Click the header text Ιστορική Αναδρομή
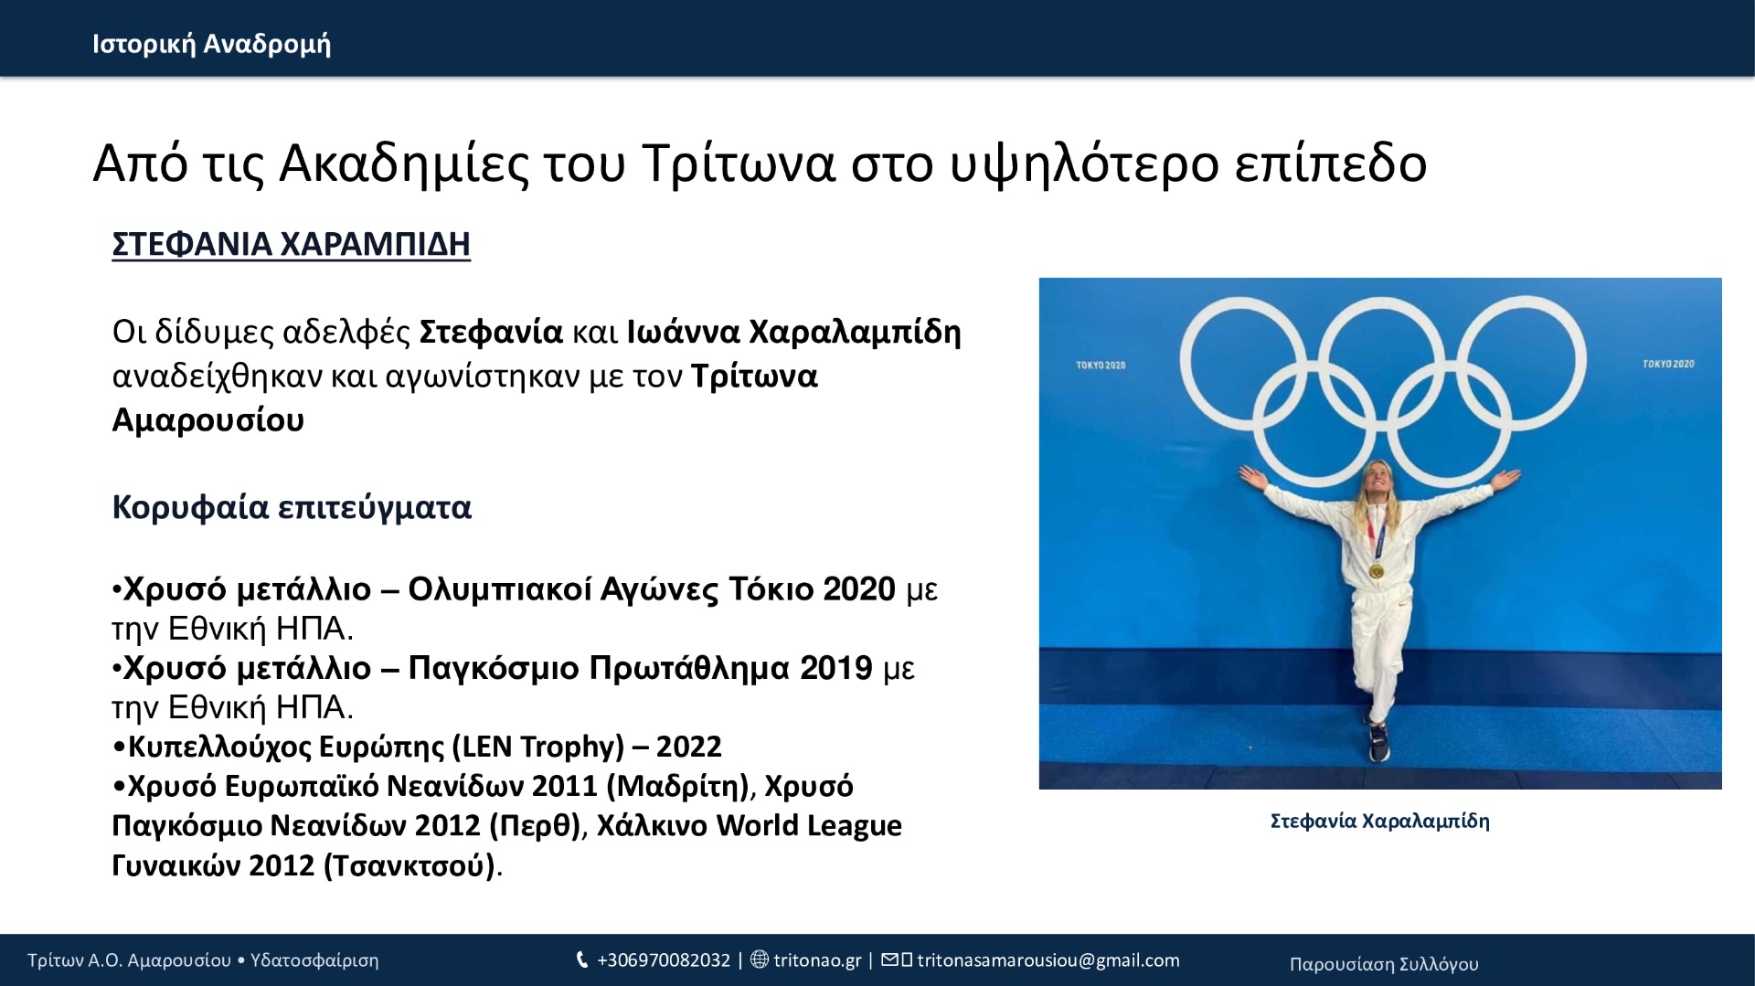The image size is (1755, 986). pyautogui.click(x=211, y=44)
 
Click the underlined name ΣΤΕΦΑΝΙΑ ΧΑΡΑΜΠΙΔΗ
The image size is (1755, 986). pyautogui.click(x=291, y=244)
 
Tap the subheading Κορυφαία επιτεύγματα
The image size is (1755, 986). pyautogui.click(x=292, y=507)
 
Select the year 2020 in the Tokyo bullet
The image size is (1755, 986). pyautogui.click(x=858, y=588)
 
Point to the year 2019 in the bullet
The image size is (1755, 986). pyautogui.click(x=835, y=668)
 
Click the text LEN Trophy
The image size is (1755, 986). pyautogui.click(x=537, y=747)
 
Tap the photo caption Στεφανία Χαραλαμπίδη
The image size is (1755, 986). pyautogui.click(x=1380, y=821)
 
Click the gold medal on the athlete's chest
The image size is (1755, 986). pyautogui.click(x=1376, y=571)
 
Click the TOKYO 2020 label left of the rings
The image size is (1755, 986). pyautogui.click(x=1101, y=366)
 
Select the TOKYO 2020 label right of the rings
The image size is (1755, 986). pyautogui.click(x=1668, y=364)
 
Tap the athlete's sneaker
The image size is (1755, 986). pyautogui.click(x=1378, y=742)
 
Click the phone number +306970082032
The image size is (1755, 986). pyautogui.click(x=664, y=960)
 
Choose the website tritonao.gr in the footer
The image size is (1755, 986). pyautogui.click(x=817, y=960)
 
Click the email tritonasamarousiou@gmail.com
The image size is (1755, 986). pyautogui.click(x=1048, y=960)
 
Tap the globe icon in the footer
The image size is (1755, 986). pyautogui.click(x=759, y=959)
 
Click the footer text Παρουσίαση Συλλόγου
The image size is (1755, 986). pyautogui.click(x=1384, y=964)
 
